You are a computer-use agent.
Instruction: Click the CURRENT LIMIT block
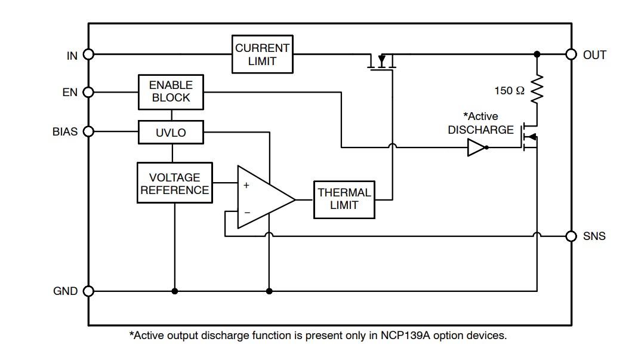pyautogui.click(x=262, y=55)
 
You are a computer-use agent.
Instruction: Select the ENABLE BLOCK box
pyautogui.click(x=170, y=92)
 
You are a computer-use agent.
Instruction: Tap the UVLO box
pyautogui.click(x=170, y=133)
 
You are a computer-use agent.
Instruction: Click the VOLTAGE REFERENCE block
pyautogui.click(x=174, y=183)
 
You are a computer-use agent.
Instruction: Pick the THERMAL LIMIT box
pyautogui.click(x=344, y=199)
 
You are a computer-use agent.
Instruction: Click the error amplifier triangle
pyautogui.click(x=263, y=198)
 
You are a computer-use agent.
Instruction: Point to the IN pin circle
pyautogui.click(x=88, y=54)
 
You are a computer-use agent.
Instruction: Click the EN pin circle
pyautogui.click(x=88, y=92)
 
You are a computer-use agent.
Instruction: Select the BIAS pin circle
pyautogui.click(x=88, y=131)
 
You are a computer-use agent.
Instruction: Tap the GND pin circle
pyautogui.click(x=88, y=291)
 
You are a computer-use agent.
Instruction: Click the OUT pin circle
pyautogui.click(x=572, y=54)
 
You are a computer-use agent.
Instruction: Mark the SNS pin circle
pyautogui.click(x=572, y=236)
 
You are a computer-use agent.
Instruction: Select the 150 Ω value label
pyautogui.click(x=510, y=91)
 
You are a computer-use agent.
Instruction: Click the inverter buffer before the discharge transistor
pyautogui.click(x=477, y=147)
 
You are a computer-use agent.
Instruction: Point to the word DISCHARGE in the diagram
pyautogui.click(x=480, y=130)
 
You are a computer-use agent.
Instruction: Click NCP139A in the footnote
pyautogui.click(x=403, y=336)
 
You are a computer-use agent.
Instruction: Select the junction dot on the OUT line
pyautogui.click(x=537, y=54)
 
